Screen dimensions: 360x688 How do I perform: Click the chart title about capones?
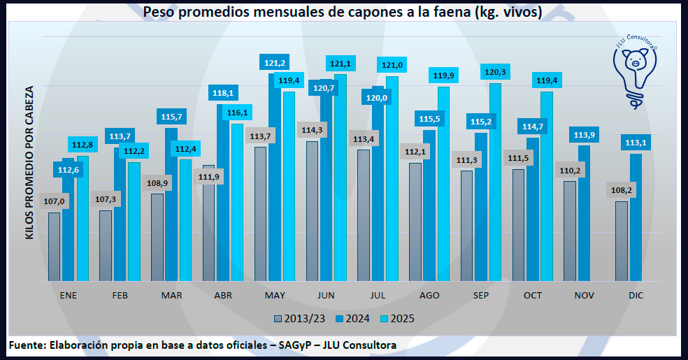click(x=343, y=12)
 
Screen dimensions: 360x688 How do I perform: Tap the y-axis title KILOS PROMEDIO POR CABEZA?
click(x=29, y=163)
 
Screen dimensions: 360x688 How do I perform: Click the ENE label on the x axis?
click(x=68, y=296)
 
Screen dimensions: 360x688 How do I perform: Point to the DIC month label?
click(x=636, y=296)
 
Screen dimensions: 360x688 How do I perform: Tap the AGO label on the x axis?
click(x=429, y=296)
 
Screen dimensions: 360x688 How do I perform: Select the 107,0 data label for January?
click(x=53, y=202)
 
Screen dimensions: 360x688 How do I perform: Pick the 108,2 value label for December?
click(x=621, y=189)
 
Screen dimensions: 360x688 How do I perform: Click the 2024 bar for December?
click(x=636, y=217)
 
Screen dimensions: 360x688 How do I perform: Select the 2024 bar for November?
click(x=584, y=213)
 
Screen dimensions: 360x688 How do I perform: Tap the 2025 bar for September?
click(x=495, y=182)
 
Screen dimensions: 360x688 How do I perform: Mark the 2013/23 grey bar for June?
click(x=312, y=210)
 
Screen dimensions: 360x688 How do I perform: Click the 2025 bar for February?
click(x=134, y=220)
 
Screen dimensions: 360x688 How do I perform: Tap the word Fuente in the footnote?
click(x=26, y=345)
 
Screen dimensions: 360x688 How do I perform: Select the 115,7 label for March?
click(x=171, y=117)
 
